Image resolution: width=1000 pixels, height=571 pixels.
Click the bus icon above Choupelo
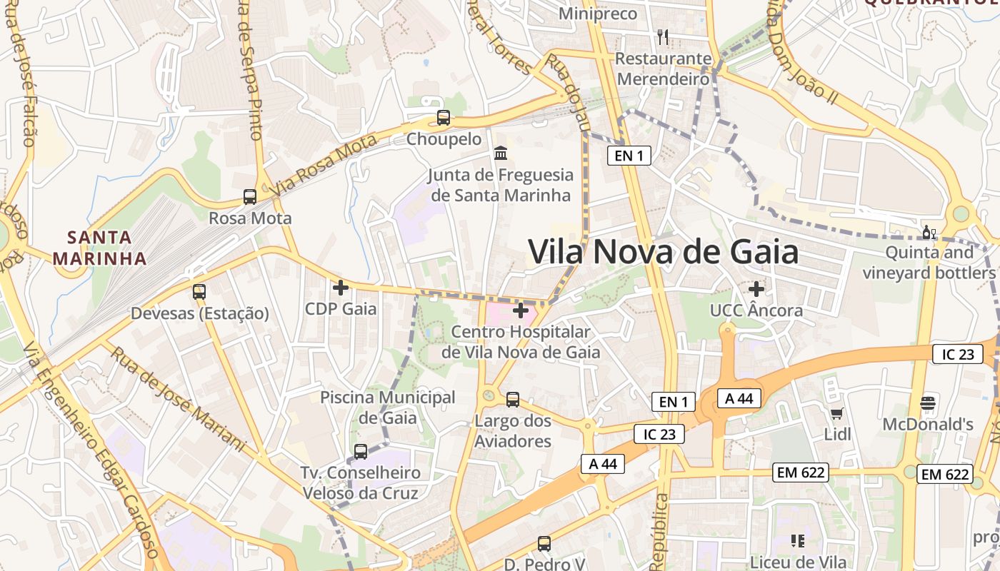[x=444, y=118]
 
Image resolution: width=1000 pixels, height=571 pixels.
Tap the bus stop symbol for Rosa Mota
[x=250, y=196]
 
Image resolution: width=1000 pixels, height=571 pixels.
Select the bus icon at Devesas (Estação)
[x=199, y=291]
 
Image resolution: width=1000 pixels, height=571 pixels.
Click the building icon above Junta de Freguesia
[x=501, y=153]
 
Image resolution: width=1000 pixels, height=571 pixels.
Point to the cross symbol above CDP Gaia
[x=341, y=288]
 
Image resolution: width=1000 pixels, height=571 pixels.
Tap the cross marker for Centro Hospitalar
[x=521, y=310]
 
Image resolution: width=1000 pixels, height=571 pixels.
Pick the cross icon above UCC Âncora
[x=756, y=289]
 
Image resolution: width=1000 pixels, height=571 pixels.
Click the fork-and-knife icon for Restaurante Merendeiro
[x=663, y=36]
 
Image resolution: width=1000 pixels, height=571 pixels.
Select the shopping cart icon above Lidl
[x=837, y=413]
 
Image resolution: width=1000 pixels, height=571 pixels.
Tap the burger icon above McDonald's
[x=928, y=403]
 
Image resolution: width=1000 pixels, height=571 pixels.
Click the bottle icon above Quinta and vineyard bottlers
[x=929, y=232]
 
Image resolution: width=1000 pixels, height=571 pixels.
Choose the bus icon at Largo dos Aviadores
[x=513, y=400]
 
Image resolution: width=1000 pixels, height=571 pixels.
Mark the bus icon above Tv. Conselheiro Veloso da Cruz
[x=361, y=451]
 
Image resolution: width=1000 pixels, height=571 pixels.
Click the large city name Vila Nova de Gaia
[x=663, y=252]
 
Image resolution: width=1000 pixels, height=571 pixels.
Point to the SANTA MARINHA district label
[x=100, y=248]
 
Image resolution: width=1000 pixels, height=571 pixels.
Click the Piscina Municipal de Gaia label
[x=387, y=407]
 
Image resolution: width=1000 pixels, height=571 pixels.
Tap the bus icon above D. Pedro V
[x=544, y=544]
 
